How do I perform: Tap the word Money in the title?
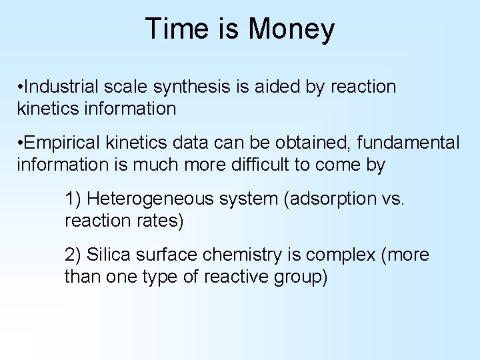click(x=291, y=29)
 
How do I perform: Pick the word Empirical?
click(x=61, y=143)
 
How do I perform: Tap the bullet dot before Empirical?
click(x=22, y=143)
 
